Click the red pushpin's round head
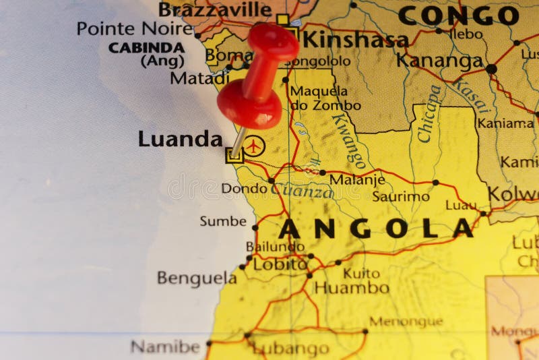pos(249,103)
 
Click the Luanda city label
pos(180,139)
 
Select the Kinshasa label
pos(354,38)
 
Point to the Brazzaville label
pos(215,9)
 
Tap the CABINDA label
pos(146,48)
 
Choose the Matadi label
pos(199,78)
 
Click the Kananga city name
pos(439,61)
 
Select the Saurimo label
pos(401,197)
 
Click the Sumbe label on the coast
pos(223,221)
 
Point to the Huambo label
pos(352,288)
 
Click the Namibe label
pos(165,347)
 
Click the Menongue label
pos(406,322)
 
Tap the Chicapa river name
pos(429,113)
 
